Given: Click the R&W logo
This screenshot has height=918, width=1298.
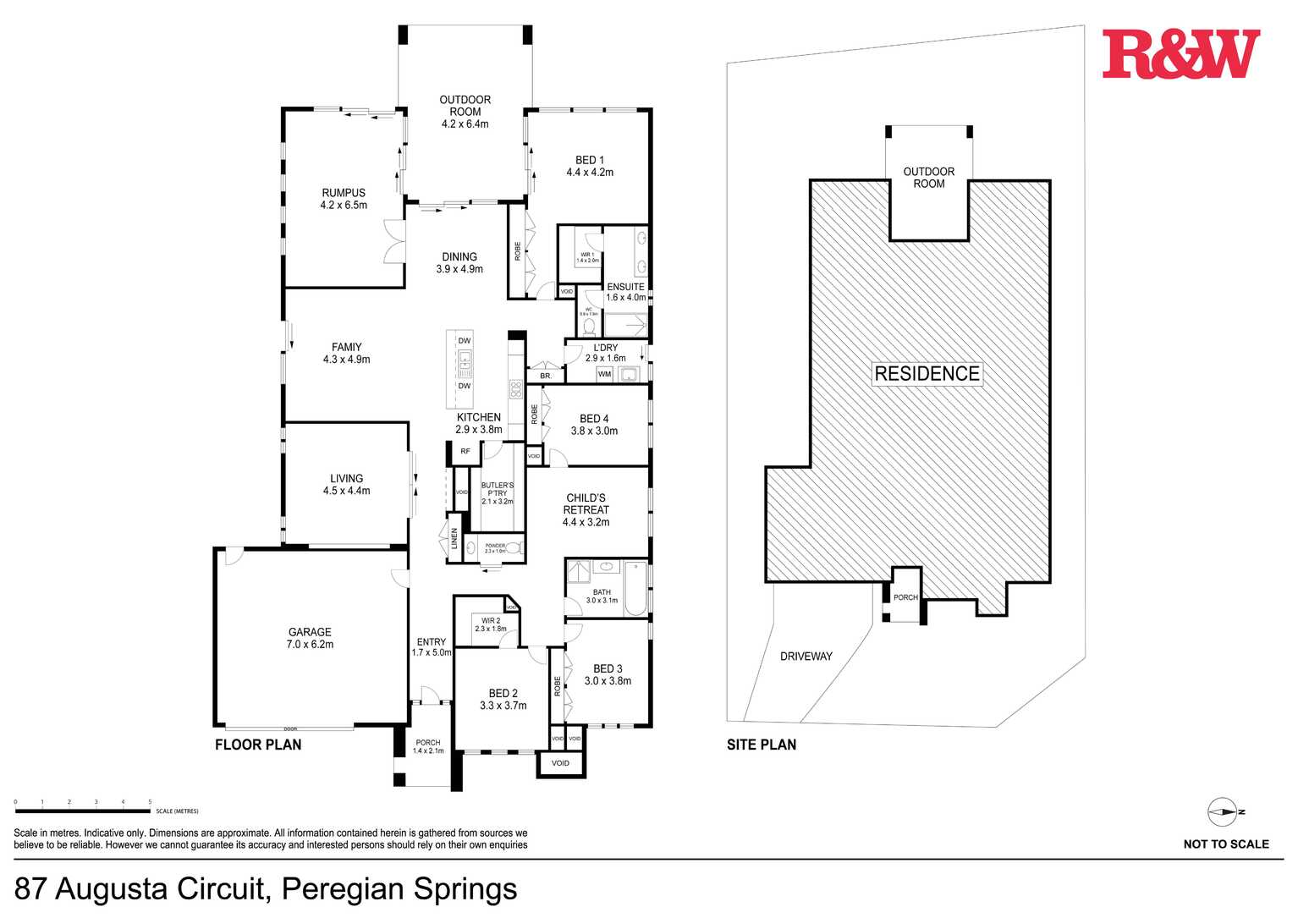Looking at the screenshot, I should [x=1180, y=54].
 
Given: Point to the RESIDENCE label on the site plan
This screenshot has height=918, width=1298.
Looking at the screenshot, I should [x=927, y=374].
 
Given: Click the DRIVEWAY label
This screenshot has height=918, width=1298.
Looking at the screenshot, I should [x=806, y=657].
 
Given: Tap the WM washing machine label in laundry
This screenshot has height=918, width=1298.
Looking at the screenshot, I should [x=604, y=374].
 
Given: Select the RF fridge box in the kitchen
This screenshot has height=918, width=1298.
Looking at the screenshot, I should [x=465, y=452].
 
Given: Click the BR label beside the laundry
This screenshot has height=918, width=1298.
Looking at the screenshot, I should [x=545, y=376].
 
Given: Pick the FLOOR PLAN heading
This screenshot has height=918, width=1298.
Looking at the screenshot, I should [x=258, y=745].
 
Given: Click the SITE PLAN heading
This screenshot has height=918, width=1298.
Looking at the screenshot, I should [x=762, y=745].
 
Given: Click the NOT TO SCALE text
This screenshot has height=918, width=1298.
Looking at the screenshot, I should [x=1226, y=844].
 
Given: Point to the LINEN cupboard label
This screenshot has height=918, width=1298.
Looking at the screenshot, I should [x=454, y=539].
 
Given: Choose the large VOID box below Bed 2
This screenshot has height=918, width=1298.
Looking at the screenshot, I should [x=560, y=763].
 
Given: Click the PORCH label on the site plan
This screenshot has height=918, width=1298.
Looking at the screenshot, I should [x=905, y=597].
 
